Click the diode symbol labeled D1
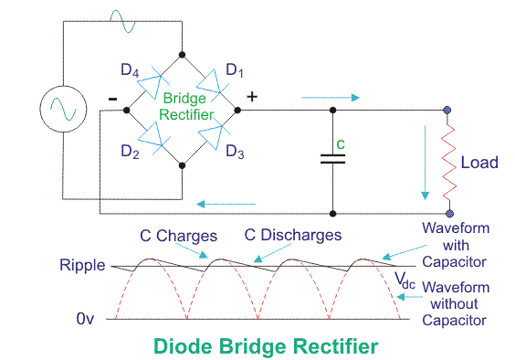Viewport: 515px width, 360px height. point(212,86)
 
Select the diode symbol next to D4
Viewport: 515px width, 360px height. point(152,83)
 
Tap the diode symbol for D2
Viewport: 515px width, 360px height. point(153,138)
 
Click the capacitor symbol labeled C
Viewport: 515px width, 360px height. point(332,159)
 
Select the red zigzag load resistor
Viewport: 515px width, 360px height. point(448,163)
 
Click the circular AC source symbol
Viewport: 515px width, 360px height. point(63,109)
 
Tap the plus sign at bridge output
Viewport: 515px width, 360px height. point(252,97)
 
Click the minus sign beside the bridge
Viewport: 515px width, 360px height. point(112,99)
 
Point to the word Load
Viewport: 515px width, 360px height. point(479,163)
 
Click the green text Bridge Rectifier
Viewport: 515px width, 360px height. point(186,106)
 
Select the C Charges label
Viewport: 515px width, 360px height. point(178,236)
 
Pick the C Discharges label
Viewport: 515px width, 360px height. point(293,235)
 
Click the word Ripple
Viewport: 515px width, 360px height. point(82,265)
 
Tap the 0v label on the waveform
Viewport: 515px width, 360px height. point(85,318)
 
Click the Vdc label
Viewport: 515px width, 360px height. point(405,281)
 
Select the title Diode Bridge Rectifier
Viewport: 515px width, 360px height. point(266,346)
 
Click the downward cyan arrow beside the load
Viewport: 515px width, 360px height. point(426,163)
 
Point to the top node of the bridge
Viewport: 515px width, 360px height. point(182,55)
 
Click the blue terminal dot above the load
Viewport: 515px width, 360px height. point(447,110)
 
